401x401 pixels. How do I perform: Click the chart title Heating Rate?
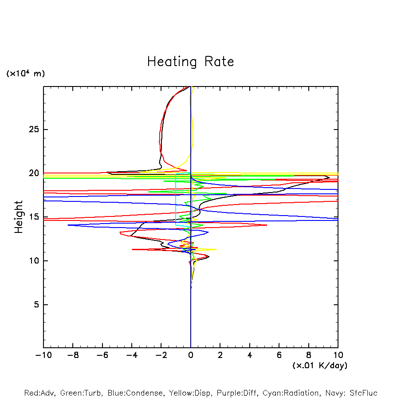191,62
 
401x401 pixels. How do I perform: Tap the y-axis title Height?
19,217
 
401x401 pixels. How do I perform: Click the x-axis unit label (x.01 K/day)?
320,366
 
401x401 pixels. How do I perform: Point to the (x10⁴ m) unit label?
26,74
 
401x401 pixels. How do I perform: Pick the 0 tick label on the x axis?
191,355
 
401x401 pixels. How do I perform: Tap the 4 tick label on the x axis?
250,355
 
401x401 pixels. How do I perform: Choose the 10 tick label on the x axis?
338,355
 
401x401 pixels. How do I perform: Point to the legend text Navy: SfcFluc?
351,393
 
